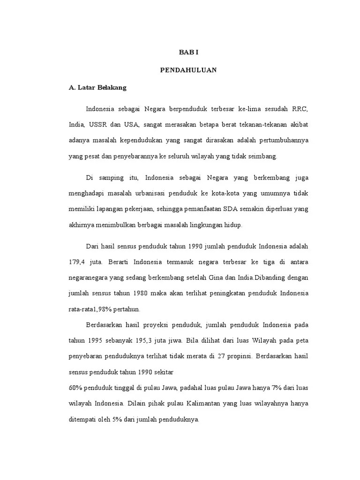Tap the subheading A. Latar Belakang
coord(97,87)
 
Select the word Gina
coord(203,277)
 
